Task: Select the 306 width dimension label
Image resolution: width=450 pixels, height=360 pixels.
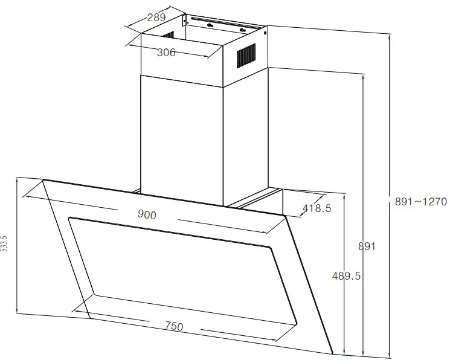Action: coord(166,53)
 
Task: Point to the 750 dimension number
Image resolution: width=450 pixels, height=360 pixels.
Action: coord(174,326)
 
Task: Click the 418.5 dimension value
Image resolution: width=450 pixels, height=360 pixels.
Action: coord(317,208)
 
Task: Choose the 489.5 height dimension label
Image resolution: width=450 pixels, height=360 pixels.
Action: coord(347,275)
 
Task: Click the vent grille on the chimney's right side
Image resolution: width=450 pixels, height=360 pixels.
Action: coord(245,56)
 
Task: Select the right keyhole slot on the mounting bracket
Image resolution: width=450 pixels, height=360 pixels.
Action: coord(242,29)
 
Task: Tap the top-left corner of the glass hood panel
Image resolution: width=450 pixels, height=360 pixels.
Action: coord(43,181)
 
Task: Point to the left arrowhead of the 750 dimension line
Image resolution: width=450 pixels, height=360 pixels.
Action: coord(74,310)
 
